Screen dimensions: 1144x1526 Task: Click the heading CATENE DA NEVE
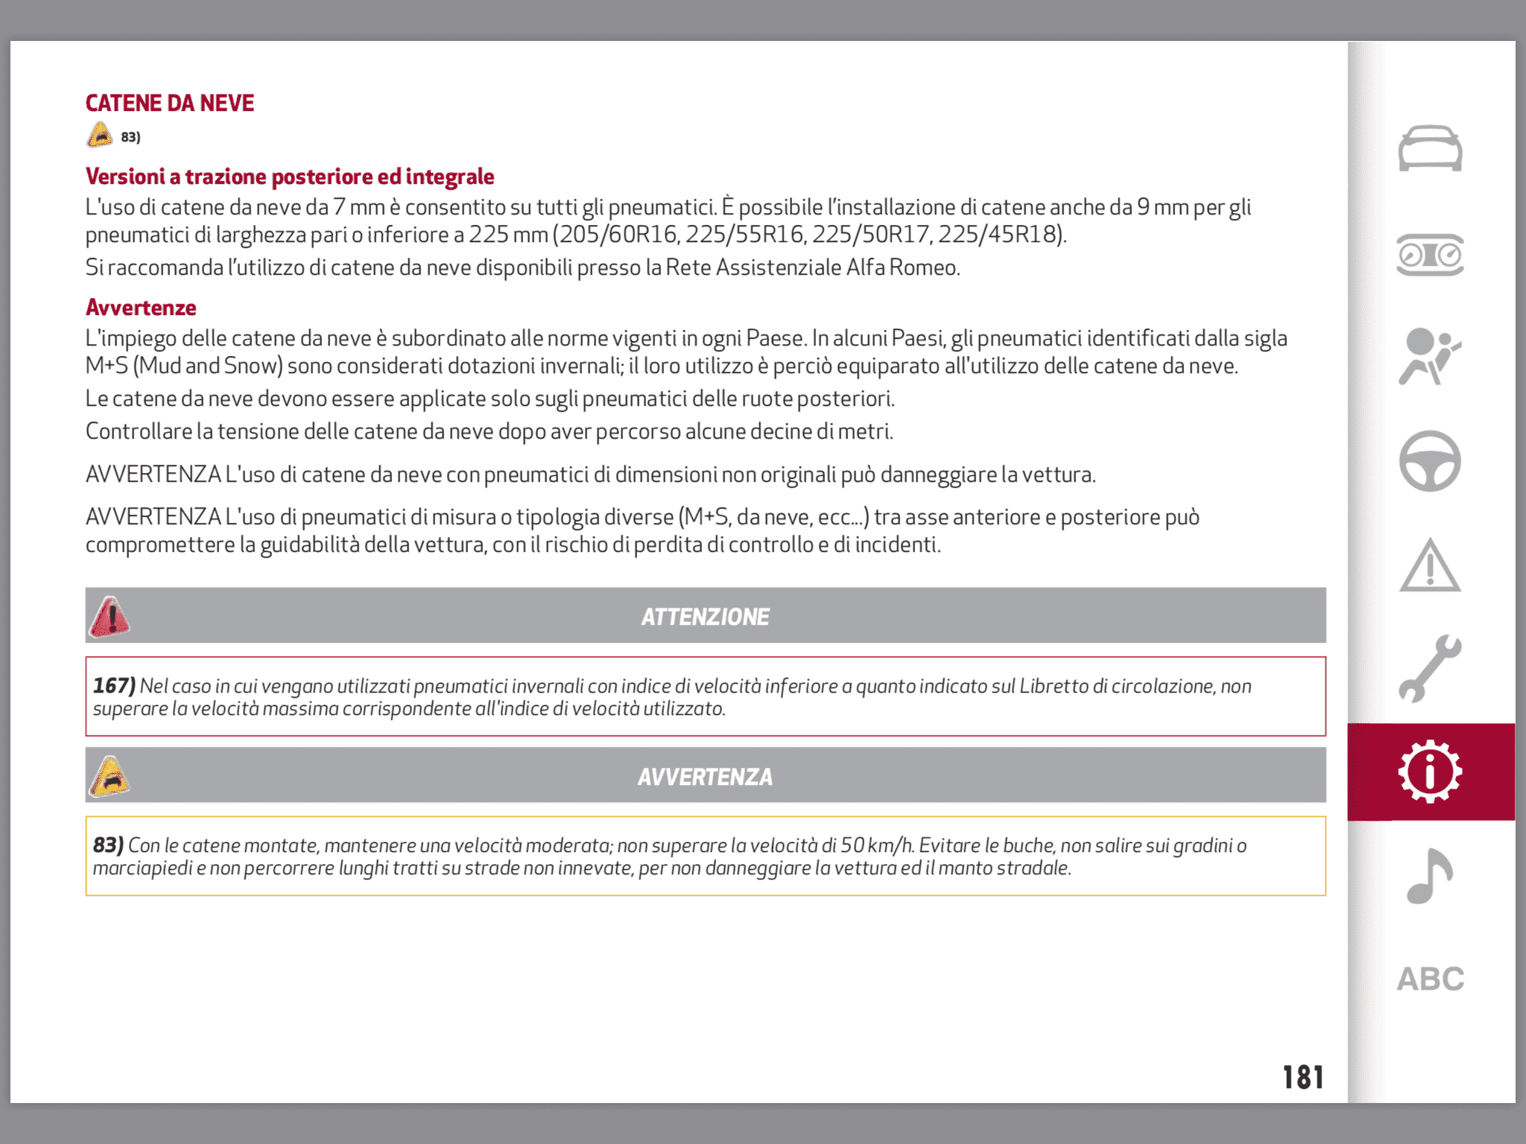coord(170,103)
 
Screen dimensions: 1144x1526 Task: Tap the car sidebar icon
coord(1430,148)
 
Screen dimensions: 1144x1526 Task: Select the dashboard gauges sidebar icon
coord(1430,255)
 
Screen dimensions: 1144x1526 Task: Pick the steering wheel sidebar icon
coord(1430,461)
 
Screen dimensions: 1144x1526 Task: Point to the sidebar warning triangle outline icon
coord(1430,566)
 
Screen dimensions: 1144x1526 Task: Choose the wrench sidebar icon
coord(1430,668)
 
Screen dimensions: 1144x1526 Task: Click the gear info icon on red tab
coord(1430,772)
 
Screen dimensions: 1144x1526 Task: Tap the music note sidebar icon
coord(1429,876)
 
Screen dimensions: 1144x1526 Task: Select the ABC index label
coord(1430,979)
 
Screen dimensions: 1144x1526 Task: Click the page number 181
coord(1302,1077)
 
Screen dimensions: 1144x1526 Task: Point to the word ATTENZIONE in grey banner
coord(705,617)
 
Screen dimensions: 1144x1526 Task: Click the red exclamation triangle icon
coord(110,617)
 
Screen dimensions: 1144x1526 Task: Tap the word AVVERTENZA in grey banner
coord(705,777)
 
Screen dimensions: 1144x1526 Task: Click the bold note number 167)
coord(114,685)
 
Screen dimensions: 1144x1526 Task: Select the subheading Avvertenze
coord(141,308)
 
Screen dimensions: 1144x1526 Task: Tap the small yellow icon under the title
coord(100,136)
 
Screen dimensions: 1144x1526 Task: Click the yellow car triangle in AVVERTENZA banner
coord(110,776)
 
